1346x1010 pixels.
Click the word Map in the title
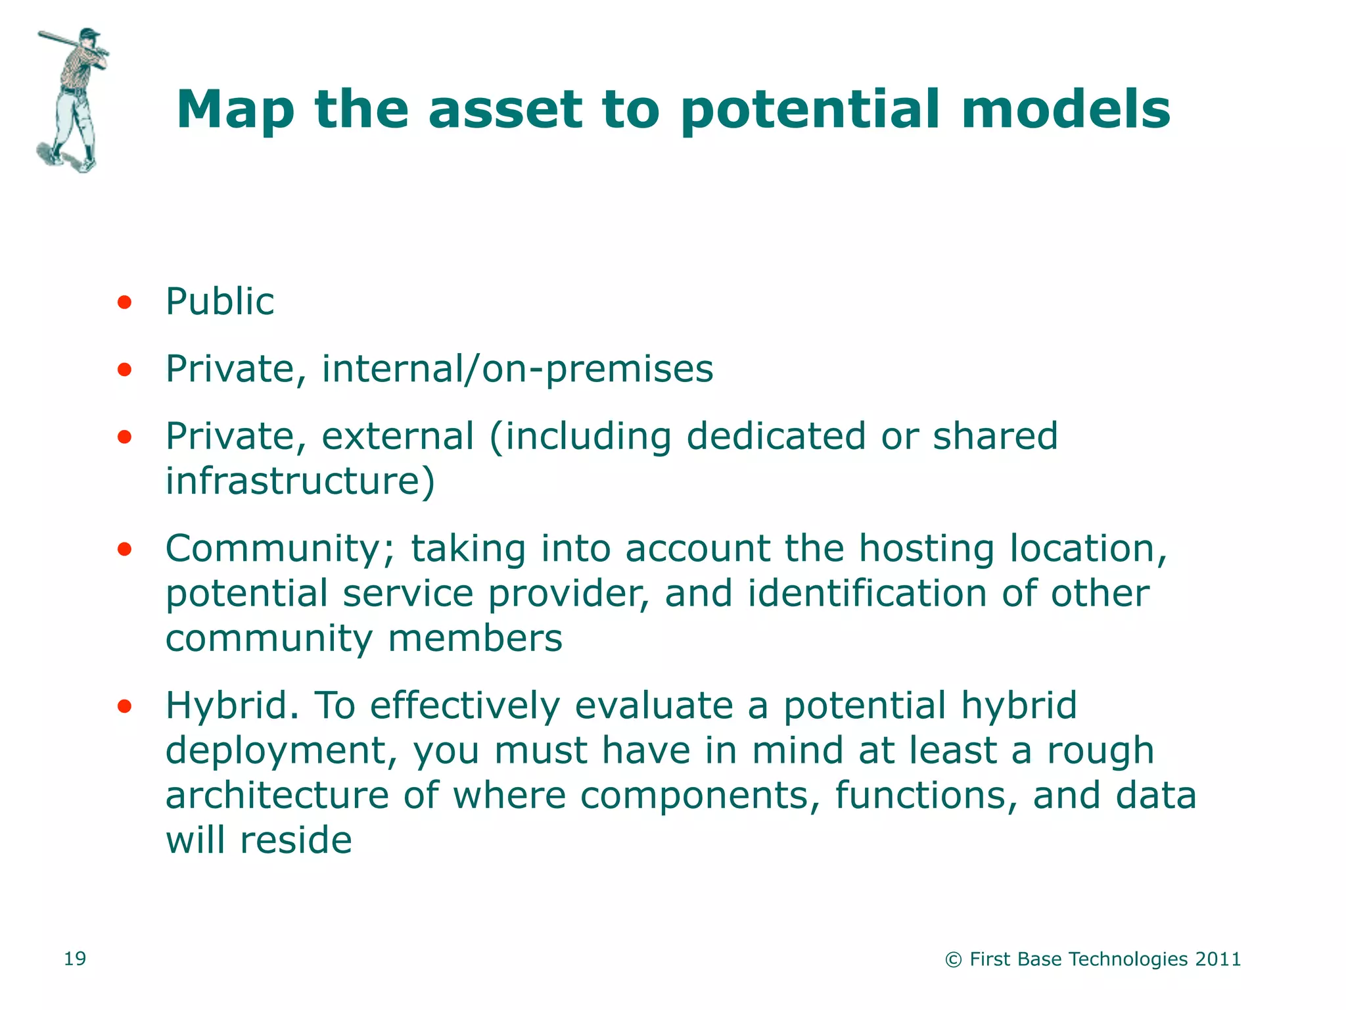tap(235, 110)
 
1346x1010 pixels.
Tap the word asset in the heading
tap(505, 110)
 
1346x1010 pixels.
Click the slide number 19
tap(75, 959)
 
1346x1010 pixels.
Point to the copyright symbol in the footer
tap(953, 960)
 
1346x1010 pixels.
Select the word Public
tap(220, 302)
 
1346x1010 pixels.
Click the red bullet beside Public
tap(124, 302)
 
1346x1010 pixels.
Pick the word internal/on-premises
tap(517, 369)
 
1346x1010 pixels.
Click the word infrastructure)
tap(300, 481)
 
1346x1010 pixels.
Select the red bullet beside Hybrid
tap(124, 707)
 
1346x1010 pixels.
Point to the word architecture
tap(277, 796)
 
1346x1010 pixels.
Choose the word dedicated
tap(776, 436)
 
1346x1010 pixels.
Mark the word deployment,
tap(281, 752)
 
